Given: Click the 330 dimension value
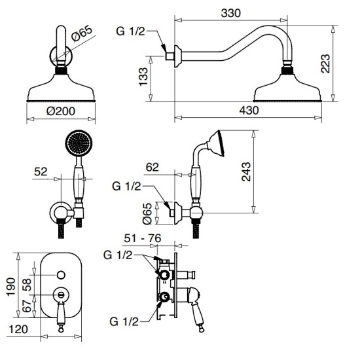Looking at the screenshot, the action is tap(231, 13).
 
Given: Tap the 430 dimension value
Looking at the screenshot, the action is tap(249, 111).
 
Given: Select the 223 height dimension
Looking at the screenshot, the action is tap(325, 63).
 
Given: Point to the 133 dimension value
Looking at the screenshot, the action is tap(143, 77).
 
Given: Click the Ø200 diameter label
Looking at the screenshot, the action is tap(61, 111).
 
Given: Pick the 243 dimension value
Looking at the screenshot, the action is tap(246, 171).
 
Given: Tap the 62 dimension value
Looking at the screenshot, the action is tap(153, 167).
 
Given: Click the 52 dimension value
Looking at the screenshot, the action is tap(41, 171).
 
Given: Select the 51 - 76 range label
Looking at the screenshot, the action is tap(143, 238).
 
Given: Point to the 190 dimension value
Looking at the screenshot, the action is tap(11, 287).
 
